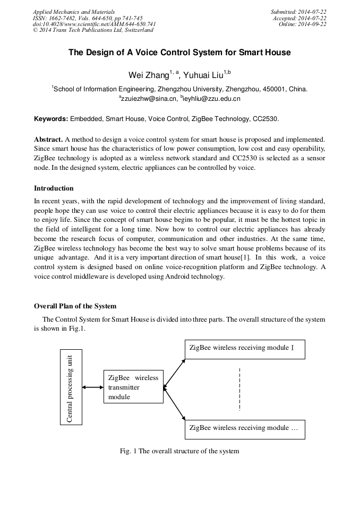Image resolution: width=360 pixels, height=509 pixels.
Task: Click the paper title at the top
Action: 179,53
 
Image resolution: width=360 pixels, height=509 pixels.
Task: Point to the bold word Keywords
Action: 51,119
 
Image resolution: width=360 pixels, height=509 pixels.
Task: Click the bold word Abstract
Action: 48,138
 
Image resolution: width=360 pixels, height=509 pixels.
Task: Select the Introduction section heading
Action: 54,188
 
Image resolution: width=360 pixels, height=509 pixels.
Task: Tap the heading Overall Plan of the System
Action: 75,306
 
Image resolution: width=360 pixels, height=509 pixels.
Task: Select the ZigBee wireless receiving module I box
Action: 244,349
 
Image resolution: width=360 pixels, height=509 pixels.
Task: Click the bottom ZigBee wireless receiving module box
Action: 244,428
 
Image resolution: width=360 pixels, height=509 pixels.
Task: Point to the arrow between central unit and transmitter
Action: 93,387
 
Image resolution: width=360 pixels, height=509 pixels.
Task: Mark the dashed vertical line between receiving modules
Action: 240,389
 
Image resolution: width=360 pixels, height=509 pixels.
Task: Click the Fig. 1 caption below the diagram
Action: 179,451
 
